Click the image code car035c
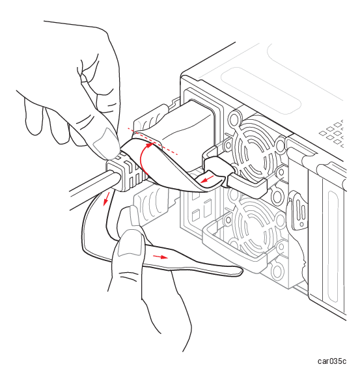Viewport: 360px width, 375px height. pyautogui.click(x=331, y=361)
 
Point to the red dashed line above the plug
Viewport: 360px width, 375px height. pyautogui.click(x=152, y=141)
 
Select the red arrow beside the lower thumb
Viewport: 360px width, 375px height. pyautogui.click(x=160, y=257)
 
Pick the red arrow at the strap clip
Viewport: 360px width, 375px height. pyautogui.click(x=207, y=179)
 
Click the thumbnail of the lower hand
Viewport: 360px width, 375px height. pyautogui.click(x=131, y=243)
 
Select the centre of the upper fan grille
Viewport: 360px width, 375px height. pyautogui.click(x=253, y=150)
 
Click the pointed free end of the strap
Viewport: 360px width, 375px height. pyautogui.click(x=242, y=271)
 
